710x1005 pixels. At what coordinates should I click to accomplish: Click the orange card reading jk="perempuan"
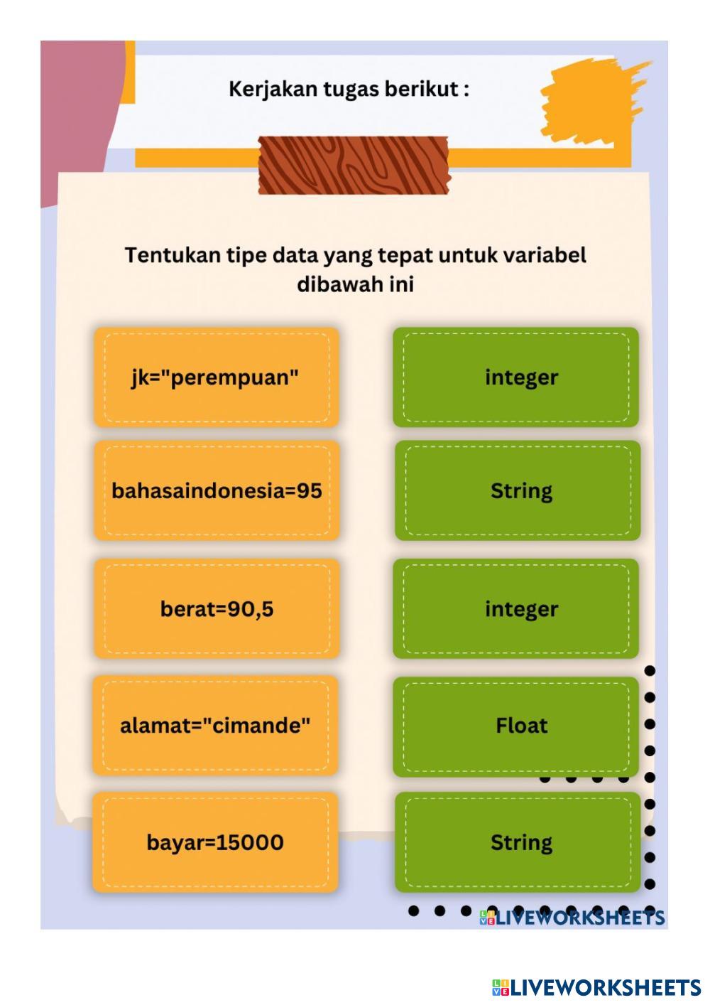pyautogui.click(x=216, y=377)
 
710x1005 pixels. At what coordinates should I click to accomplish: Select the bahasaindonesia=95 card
pyautogui.click(x=217, y=490)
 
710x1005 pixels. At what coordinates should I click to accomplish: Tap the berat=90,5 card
pyautogui.click(x=217, y=609)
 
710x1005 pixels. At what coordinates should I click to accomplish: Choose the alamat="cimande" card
pyautogui.click(x=215, y=726)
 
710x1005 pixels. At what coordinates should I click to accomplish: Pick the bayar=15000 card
pyautogui.click(x=215, y=842)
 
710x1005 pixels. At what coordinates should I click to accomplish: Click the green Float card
pyautogui.click(x=516, y=726)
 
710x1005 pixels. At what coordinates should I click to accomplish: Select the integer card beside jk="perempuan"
pyautogui.click(x=516, y=377)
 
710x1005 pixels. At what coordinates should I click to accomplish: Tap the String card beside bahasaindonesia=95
pyautogui.click(x=518, y=490)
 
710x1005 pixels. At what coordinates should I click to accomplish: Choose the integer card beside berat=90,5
pyautogui.click(x=516, y=609)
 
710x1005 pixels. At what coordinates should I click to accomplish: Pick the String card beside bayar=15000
pyautogui.click(x=518, y=842)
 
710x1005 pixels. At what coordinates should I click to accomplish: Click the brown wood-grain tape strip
pyautogui.click(x=353, y=165)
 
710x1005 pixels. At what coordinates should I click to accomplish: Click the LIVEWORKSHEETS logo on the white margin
pyautogui.click(x=596, y=987)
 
